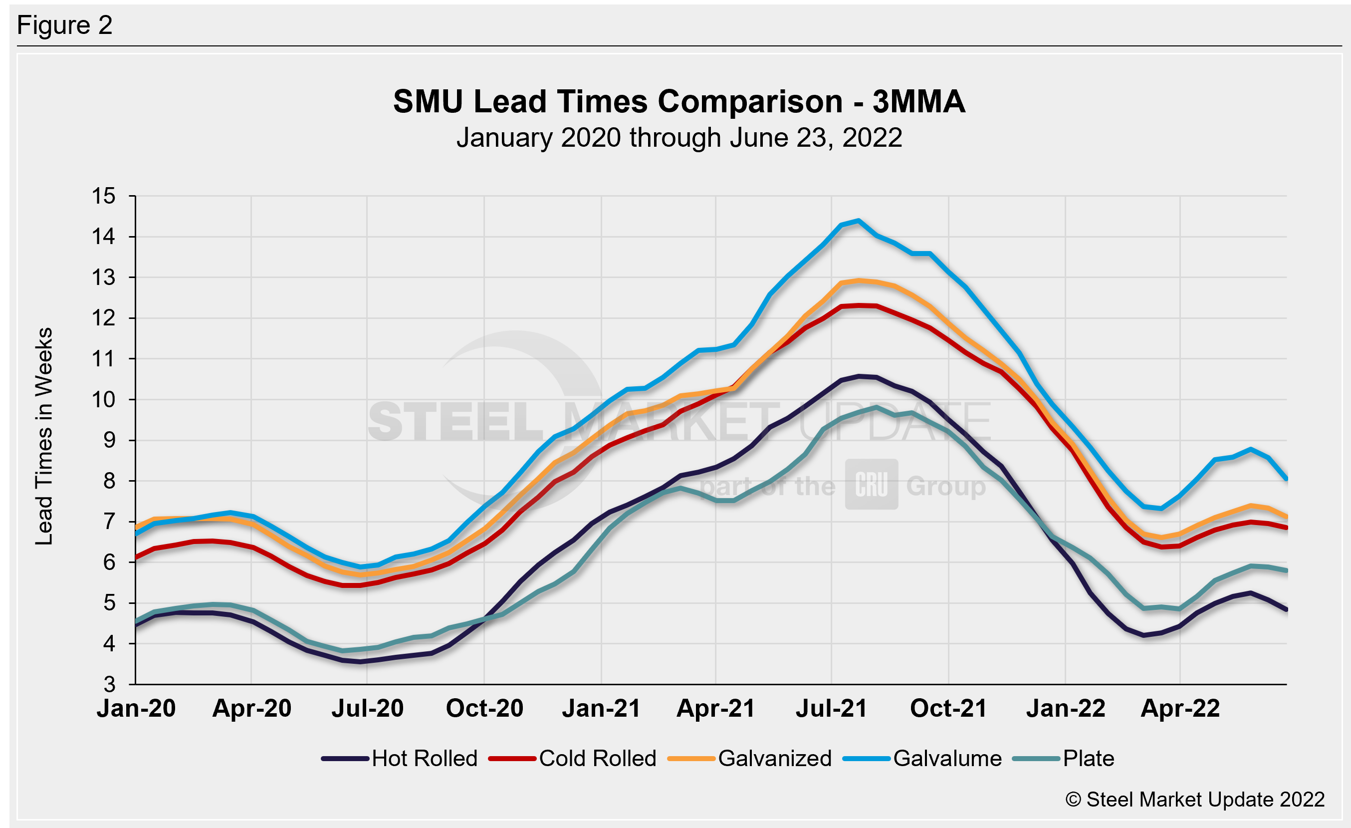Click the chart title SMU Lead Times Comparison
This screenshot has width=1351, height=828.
pos(679,102)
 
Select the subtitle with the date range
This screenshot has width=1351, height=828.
pos(679,138)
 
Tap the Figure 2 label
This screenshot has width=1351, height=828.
pos(65,25)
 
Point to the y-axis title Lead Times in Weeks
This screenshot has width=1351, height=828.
pos(44,436)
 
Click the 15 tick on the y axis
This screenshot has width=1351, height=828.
pos(104,196)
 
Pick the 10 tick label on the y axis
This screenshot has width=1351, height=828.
pos(104,400)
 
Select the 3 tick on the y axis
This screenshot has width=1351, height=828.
pos(110,684)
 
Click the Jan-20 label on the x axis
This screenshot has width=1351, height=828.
pos(136,708)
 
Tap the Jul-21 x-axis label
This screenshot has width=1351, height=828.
pos(831,708)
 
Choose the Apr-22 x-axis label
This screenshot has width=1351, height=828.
pos(1180,708)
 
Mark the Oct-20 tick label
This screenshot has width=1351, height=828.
pos(484,708)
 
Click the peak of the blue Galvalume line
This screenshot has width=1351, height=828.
pos(858,221)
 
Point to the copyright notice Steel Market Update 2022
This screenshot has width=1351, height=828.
pos(1195,800)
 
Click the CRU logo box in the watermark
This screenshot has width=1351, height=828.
pos(871,484)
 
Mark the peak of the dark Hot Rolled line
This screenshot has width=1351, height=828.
pos(859,376)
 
